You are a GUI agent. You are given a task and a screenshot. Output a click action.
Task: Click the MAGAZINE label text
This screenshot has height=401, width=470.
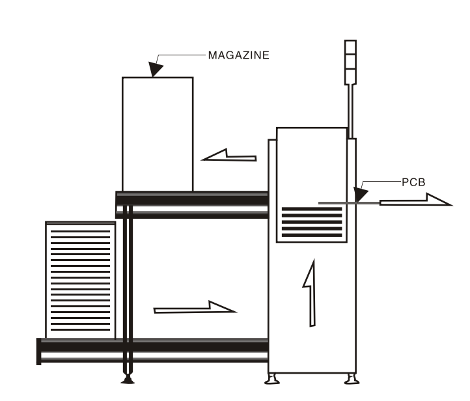click(x=238, y=55)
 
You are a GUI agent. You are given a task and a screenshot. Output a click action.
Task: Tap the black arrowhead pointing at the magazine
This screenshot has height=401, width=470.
click(x=157, y=68)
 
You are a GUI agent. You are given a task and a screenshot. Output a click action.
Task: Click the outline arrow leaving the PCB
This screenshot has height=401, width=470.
click(x=415, y=201)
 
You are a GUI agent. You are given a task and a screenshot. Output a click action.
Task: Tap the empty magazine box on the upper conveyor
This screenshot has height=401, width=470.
click(x=158, y=133)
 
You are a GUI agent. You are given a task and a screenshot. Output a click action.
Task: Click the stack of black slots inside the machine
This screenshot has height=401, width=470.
click(x=312, y=223)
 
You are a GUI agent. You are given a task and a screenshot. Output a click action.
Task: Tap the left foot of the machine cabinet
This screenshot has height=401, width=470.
click(x=275, y=378)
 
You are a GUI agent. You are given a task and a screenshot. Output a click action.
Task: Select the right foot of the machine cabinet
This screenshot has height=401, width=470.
click(x=350, y=378)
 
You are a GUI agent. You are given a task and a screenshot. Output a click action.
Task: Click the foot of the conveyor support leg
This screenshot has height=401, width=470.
click(x=128, y=380)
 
